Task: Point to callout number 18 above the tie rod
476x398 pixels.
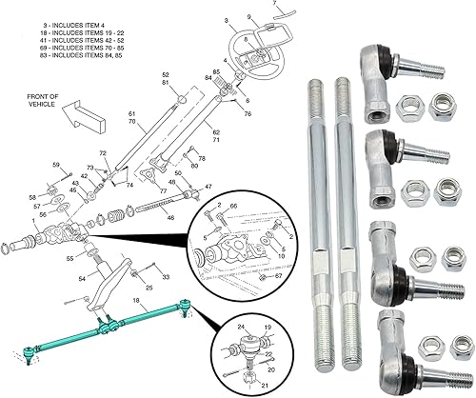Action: click(137, 300)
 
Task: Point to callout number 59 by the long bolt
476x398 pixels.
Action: click(55, 165)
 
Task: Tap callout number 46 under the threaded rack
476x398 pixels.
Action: click(171, 218)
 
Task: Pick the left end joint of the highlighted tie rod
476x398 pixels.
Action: click(32, 352)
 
